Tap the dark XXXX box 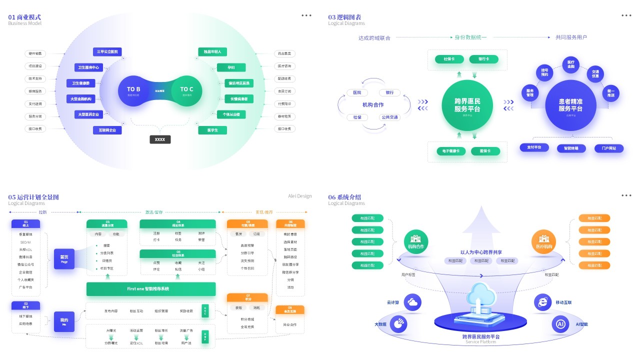[x=160, y=139]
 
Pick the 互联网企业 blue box [x=107, y=130]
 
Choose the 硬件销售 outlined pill [x=35, y=53]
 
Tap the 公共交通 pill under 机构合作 [x=389, y=117]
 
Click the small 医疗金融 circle [x=570, y=64]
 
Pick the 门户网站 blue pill [x=609, y=148]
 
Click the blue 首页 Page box [x=64, y=258]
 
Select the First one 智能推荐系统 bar [x=151, y=289]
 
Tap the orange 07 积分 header [x=247, y=297]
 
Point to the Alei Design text [x=299, y=196]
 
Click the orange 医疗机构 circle [x=544, y=242]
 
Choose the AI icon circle [x=560, y=324]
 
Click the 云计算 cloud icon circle [x=412, y=302]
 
